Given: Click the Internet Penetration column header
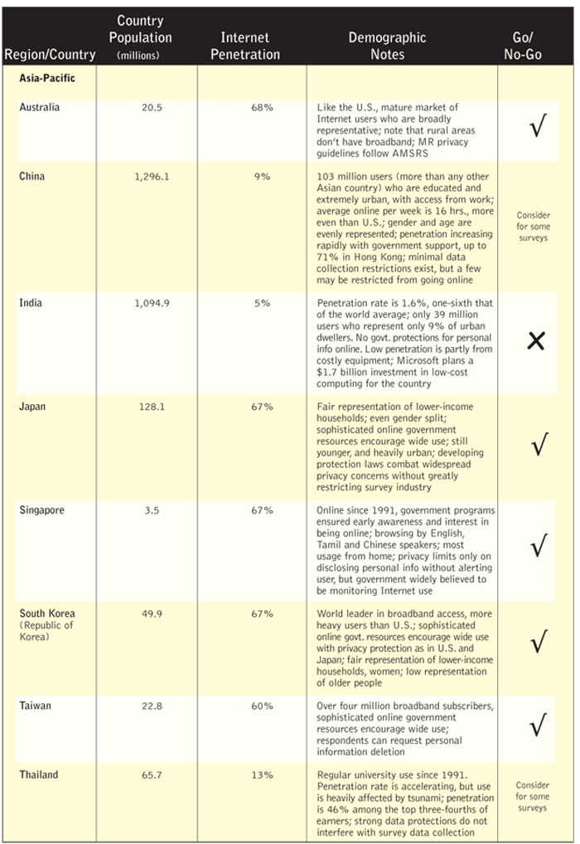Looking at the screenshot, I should (x=245, y=46).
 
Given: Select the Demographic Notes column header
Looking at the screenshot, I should (x=387, y=46).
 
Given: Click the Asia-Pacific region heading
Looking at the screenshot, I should (x=47, y=79).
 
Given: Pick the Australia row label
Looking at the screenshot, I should (x=40, y=108).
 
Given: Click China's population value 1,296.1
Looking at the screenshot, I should (x=152, y=176).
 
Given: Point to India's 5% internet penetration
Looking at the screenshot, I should (x=262, y=303).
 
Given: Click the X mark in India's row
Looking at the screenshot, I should (x=536, y=340).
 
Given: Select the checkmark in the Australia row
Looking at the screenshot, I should (x=538, y=129).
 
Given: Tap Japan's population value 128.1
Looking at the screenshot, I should (x=152, y=408).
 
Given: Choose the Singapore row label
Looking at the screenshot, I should (x=41, y=510).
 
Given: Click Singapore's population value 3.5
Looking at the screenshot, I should (x=152, y=511).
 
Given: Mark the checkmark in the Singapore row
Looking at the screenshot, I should (x=538, y=546).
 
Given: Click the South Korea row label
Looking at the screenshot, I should (x=47, y=614).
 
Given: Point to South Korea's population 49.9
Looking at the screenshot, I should (x=152, y=615).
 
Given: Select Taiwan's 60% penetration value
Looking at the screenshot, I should (x=262, y=707).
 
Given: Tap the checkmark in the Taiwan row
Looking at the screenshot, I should (x=538, y=726).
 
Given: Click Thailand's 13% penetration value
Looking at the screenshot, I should (x=262, y=775).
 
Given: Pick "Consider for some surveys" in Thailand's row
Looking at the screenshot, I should (x=533, y=796).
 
